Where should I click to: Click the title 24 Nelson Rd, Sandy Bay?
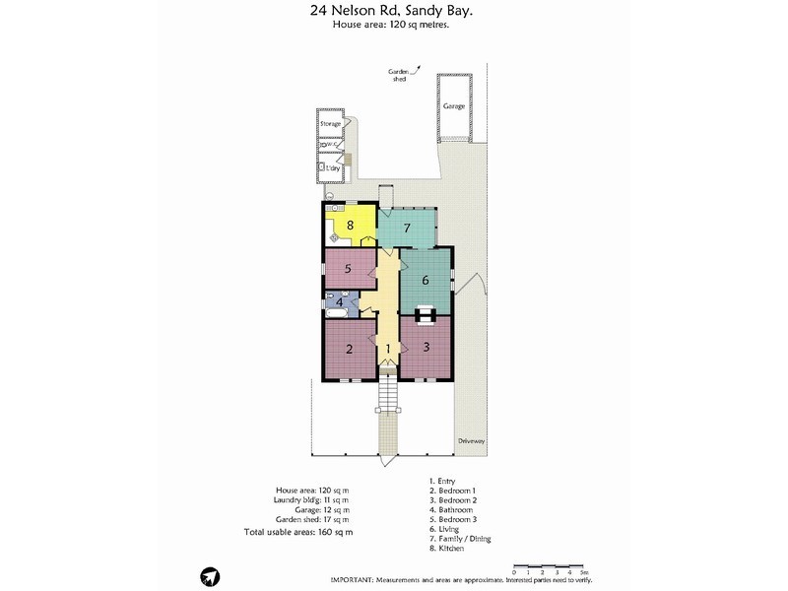(393, 12)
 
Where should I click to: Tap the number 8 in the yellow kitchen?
(350, 225)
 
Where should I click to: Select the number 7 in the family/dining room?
(406, 229)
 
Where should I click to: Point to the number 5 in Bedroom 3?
(348, 268)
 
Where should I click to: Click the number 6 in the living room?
(426, 280)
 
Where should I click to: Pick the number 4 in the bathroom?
(340, 302)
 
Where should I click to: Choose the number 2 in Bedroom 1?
(349, 349)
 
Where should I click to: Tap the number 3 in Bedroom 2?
(427, 347)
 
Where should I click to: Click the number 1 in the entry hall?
(388, 349)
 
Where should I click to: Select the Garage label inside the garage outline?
(453, 105)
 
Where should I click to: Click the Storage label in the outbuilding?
(330, 124)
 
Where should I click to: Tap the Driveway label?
(472, 441)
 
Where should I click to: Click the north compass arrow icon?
(209, 576)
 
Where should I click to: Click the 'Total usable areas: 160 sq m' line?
(297, 532)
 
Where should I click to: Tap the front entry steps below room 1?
(388, 394)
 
